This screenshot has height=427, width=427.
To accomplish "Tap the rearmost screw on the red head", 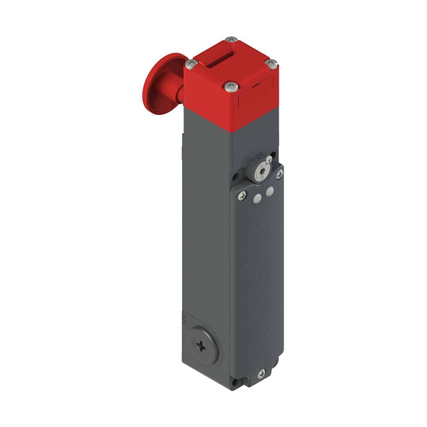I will coord(231,40).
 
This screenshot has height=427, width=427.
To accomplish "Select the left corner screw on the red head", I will coord(191,64).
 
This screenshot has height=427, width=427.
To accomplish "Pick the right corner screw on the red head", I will coord(271,64).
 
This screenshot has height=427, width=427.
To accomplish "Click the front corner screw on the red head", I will coord(231,86).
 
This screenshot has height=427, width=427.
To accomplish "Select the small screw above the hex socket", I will coord(269,160).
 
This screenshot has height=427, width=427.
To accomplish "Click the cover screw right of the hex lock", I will coord(280,173).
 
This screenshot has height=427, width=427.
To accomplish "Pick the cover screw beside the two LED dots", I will coord(242,195).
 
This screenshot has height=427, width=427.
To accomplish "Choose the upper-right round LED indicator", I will coord(269,192).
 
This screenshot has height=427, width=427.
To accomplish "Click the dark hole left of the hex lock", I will coord(235,175).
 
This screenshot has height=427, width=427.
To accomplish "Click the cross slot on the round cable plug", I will coord(201,347).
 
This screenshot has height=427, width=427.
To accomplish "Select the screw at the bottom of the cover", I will coord(261,374).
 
